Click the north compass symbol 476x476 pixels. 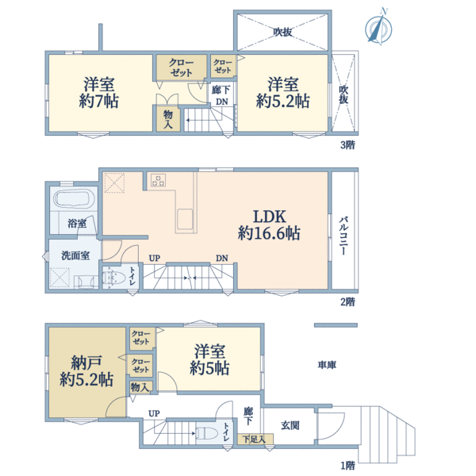pos(378,28)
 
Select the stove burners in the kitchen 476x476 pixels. pos(158,180)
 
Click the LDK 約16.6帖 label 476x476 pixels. pos(269,225)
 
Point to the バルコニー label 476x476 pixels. pos(344,236)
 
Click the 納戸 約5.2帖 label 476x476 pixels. pos(86,370)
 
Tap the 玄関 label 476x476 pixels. pos(290,425)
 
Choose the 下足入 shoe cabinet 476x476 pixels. pos(255,439)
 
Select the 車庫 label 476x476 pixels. pos(327,365)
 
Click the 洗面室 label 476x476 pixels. pos(75,255)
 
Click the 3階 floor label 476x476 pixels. pos(347,145)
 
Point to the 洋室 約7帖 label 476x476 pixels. pos(99,93)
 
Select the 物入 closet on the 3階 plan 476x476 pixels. pos(168,120)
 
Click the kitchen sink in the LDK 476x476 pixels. pos(185,219)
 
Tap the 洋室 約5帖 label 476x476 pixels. pos(209,359)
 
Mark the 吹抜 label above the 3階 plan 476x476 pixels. pos(282,32)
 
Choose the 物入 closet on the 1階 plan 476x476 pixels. pos(140,387)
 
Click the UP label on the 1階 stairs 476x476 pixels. pos(154,413)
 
